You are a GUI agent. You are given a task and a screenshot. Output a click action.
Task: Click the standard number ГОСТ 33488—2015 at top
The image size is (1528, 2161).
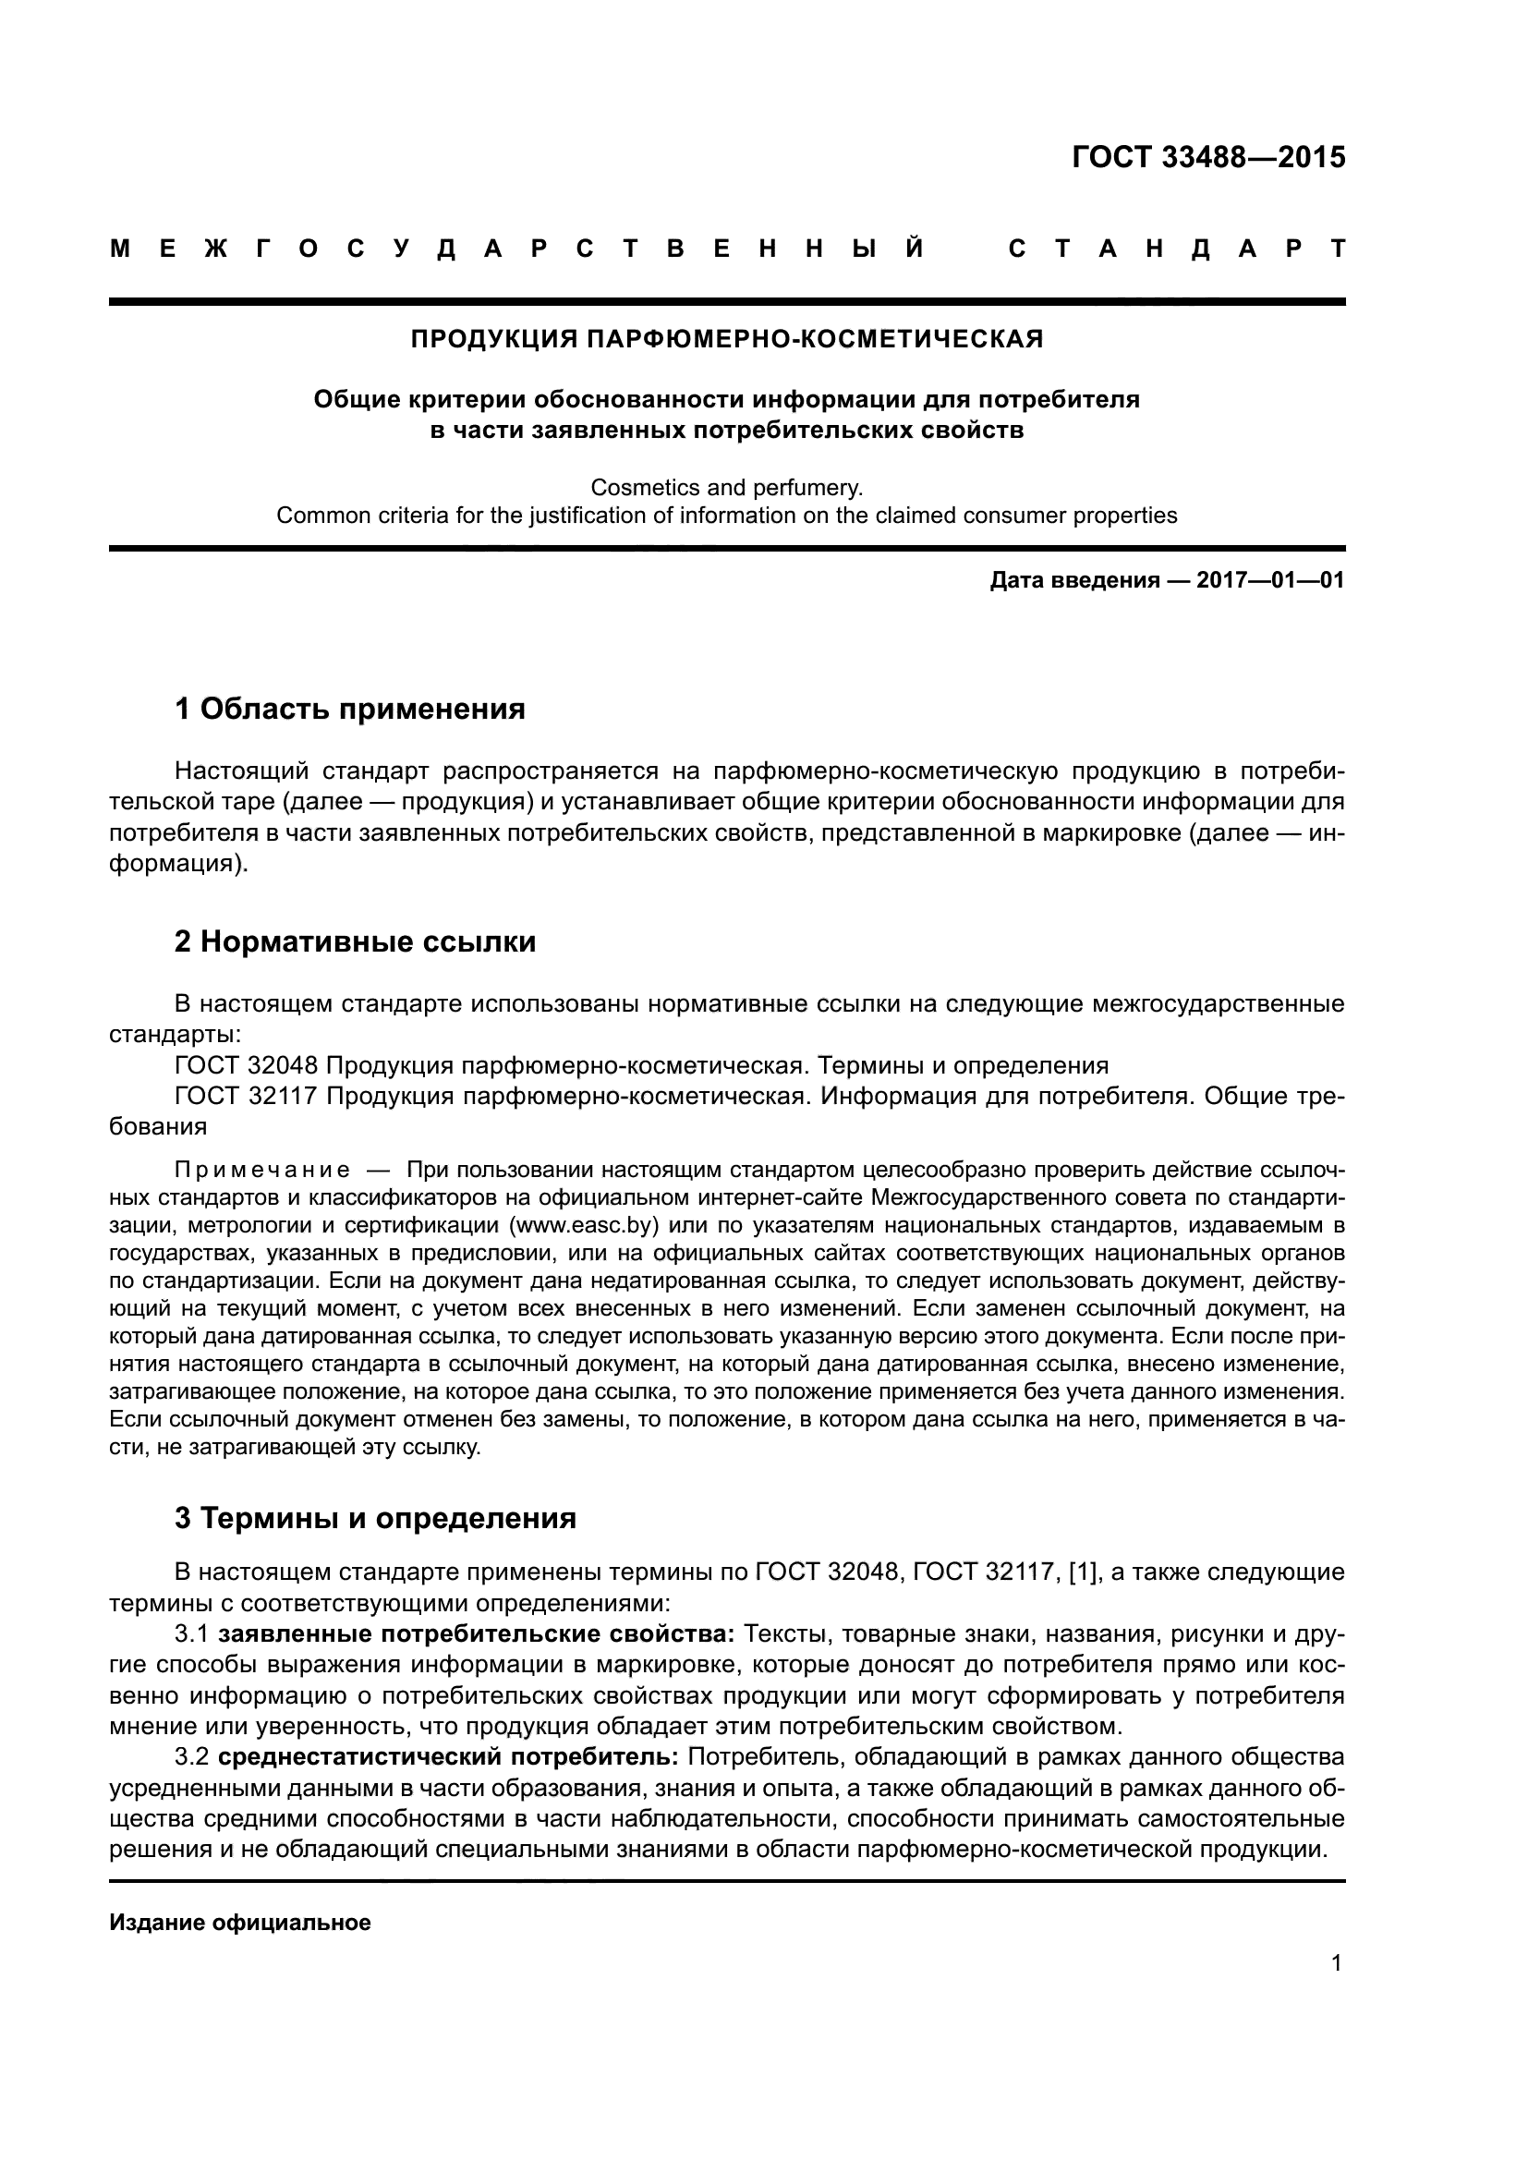click(1208, 157)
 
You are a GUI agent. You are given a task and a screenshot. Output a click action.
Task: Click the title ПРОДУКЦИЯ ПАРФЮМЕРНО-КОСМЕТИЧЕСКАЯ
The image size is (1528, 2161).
click(726, 339)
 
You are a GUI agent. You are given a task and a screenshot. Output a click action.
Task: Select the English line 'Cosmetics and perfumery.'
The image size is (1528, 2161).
click(726, 488)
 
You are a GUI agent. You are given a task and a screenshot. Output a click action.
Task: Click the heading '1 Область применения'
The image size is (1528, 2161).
click(349, 709)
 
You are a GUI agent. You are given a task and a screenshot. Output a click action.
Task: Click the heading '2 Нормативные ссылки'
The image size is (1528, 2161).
click(355, 941)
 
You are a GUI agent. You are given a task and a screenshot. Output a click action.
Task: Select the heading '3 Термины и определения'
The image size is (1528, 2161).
click(374, 1518)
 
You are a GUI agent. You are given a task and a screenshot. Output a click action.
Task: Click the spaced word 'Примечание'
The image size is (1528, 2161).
click(262, 1170)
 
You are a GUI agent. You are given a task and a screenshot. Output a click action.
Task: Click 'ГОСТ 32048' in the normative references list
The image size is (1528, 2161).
click(247, 1065)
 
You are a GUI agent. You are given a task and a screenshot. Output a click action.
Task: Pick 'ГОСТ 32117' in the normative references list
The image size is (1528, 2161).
click(247, 1097)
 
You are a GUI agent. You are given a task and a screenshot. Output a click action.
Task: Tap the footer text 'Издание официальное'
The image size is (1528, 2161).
click(240, 1923)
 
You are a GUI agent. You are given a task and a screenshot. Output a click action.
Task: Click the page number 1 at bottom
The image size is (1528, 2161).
click(1336, 1963)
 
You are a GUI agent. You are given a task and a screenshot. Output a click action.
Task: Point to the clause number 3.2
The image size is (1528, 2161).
click(191, 1757)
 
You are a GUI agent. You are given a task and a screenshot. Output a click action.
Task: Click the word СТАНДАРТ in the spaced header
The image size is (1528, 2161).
click(1176, 249)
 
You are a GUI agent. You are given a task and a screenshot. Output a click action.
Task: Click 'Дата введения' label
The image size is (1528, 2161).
click(1073, 581)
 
